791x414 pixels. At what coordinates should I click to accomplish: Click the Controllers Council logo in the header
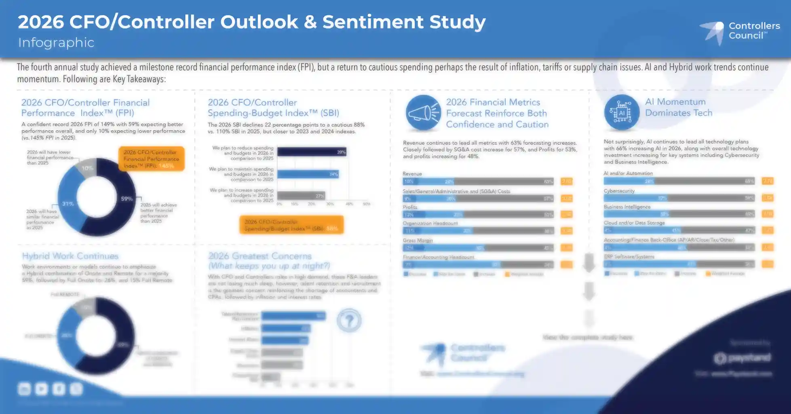click(740, 32)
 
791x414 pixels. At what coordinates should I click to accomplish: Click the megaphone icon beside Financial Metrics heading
click(423, 113)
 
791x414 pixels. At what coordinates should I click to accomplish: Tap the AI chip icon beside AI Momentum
click(622, 112)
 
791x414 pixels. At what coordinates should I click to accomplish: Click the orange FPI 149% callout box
click(152, 159)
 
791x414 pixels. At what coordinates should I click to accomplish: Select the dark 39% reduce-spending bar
click(312, 152)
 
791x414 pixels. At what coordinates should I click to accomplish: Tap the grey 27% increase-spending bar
click(301, 196)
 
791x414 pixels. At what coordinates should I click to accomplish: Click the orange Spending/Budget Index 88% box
click(291, 225)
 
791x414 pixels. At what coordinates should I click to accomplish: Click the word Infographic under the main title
click(56, 42)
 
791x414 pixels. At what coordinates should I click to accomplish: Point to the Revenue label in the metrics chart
click(412, 174)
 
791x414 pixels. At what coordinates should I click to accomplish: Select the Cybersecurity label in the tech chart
click(619, 191)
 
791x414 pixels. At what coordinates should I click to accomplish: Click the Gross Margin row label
click(418, 240)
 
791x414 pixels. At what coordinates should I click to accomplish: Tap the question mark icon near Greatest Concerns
click(349, 320)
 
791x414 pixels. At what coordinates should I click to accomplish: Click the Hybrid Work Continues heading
click(70, 256)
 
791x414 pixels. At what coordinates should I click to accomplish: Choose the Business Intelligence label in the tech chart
click(627, 207)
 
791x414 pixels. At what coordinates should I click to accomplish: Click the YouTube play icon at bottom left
click(41, 389)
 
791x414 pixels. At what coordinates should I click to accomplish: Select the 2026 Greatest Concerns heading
click(260, 256)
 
